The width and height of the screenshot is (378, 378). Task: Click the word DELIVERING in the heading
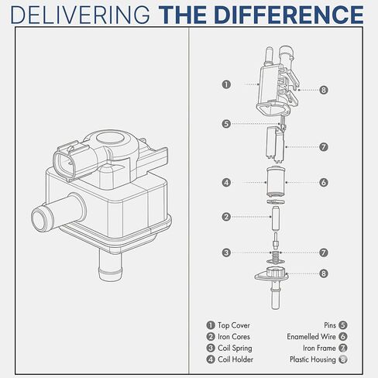pos(81,15)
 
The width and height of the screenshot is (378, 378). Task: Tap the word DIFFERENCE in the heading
pos(289,15)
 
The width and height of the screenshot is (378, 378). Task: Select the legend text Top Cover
pos(234,325)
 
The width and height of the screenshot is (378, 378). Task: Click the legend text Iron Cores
pos(234,337)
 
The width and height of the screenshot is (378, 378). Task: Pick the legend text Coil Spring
pos(235,348)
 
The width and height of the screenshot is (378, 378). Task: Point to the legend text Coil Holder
pos(235,359)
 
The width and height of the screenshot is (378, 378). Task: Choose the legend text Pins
pos(330,325)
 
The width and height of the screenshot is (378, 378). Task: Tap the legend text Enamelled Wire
pos(311,337)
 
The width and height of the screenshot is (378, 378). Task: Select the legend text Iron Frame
pos(319,348)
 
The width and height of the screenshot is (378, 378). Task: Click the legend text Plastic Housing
pos(313,359)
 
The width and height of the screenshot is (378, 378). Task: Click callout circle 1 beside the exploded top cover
pos(226,84)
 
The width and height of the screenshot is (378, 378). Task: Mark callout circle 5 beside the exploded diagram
pos(226,124)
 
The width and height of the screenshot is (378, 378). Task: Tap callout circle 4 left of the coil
pos(226,183)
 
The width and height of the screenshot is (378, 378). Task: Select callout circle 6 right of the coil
pos(324,183)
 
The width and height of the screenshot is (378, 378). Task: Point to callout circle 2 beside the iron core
pos(226,217)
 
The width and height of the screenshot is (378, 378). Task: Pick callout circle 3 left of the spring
pos(226,253)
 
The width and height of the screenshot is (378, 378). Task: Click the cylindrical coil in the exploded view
pos(276,182)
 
